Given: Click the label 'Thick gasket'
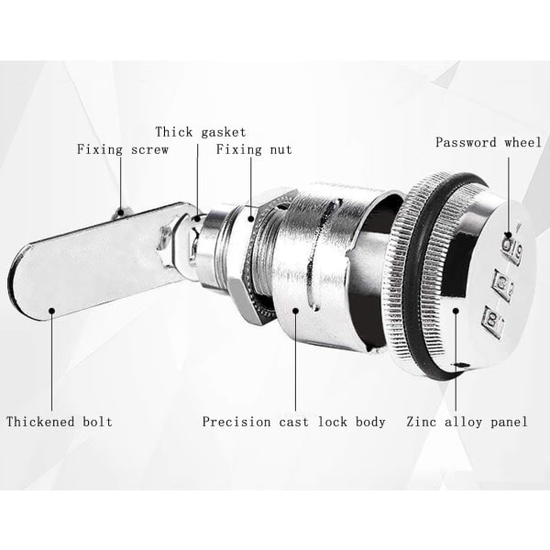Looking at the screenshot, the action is (201, 133).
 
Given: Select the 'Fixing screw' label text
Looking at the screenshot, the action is (123, 149).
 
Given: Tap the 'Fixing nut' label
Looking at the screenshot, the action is (254, 149).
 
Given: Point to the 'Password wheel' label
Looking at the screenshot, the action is (489, 142).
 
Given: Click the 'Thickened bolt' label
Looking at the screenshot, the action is (60, 422).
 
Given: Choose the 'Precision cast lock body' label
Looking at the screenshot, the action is (294, 422).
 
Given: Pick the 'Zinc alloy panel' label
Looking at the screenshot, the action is (467, 422).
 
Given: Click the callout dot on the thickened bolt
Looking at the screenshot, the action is (52, 311).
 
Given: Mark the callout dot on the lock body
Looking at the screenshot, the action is (296, 311).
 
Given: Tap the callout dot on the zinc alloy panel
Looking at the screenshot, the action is (456, 311).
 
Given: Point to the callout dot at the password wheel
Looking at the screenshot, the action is (508, 235).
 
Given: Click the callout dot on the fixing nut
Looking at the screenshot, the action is (251, 218).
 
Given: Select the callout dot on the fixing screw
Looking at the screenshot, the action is (120, 212).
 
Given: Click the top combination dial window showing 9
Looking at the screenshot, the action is (512, 249).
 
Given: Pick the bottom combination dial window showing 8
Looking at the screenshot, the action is (492, 321).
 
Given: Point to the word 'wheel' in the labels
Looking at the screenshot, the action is (523, 142).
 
